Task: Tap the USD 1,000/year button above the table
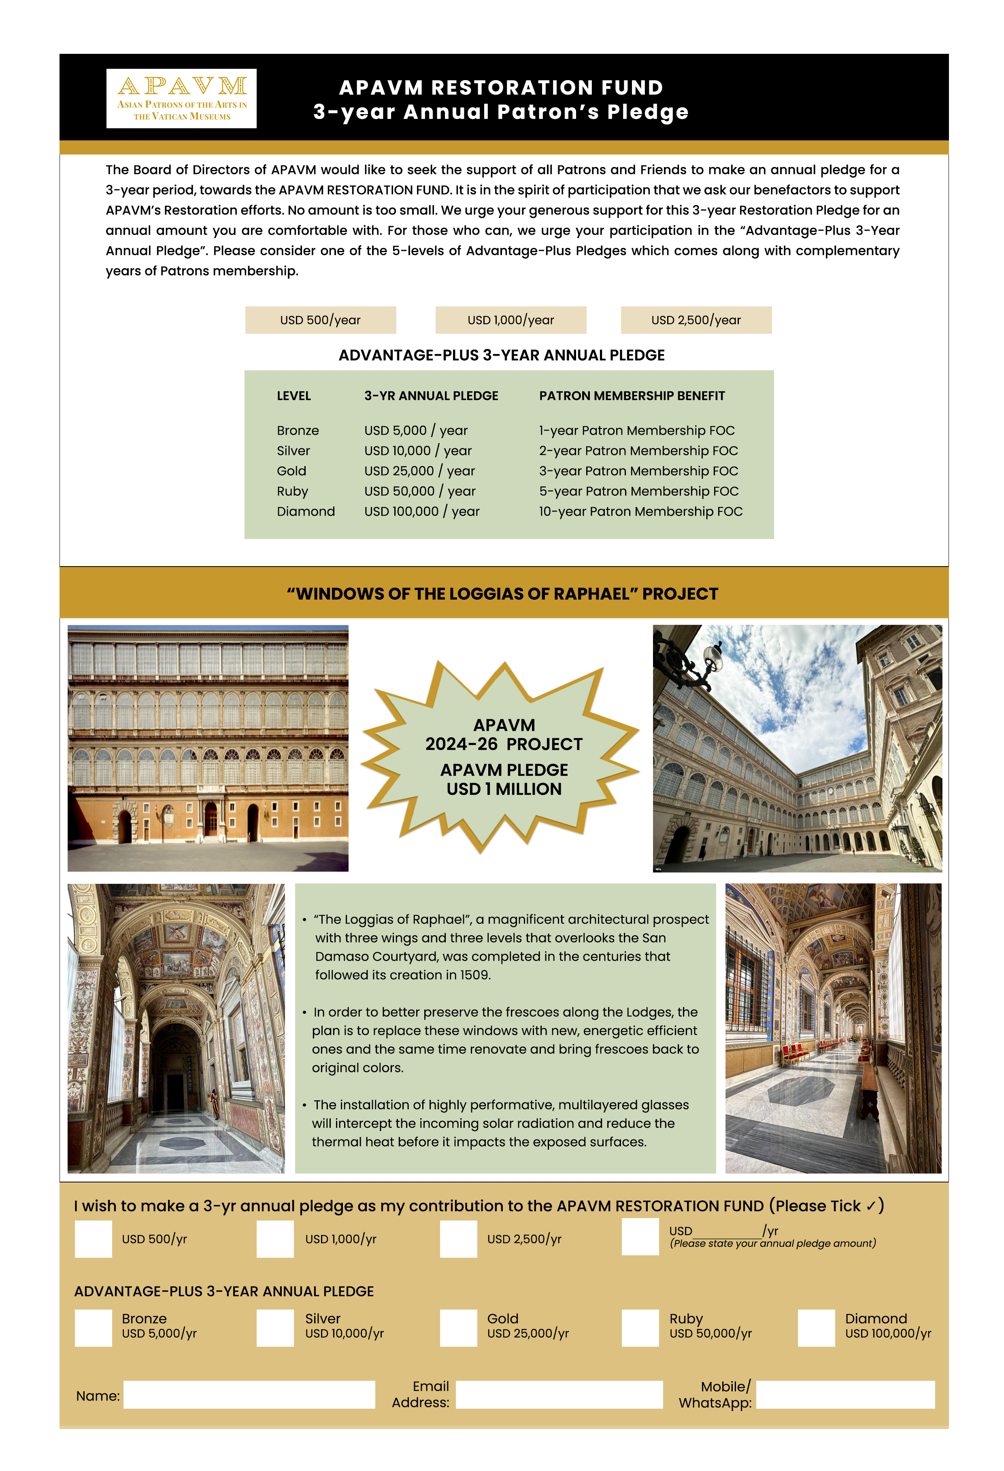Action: pyautogui.click(x=510, y=320)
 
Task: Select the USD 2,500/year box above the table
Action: pyautogui.click(x=696, y=320)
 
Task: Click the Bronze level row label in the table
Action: pyautogui.click(x=298, y=431)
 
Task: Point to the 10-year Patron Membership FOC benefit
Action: pyautogui.click(x=640, y=512)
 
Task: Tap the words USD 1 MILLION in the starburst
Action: pyautogui.click(x=504, y=789)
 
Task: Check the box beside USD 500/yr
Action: pyautogui.click(x=93, y=1239)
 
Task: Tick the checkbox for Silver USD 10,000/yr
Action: pyautogui.click(x=275, y=1327)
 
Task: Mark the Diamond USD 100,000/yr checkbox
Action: pyautogui.click(x=816, y=1327)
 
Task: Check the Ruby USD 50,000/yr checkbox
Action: pyautogui.click(x=640, y=1327)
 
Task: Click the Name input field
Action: pyautogui.click(x=249, y=1395)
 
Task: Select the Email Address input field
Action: pyautogui.click(x=559, y=1395)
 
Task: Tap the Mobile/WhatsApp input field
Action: pyautogui.click(x=845, y=1395)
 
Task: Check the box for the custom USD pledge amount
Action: pyautogui.click(x=640, y=1236)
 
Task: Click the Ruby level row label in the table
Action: pyautogui.click(x=292, y=491)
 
